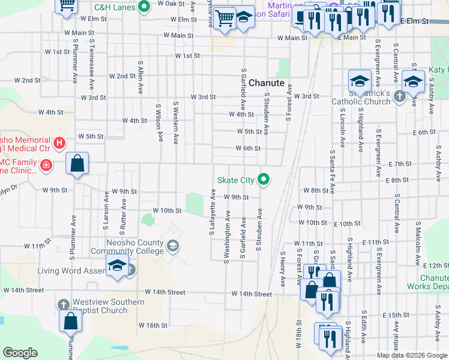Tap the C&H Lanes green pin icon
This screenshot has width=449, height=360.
143,8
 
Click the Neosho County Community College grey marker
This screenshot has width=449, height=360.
173,245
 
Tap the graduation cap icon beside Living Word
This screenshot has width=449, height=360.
117,266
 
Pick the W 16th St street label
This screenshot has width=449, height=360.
152,325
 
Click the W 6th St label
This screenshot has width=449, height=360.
248,148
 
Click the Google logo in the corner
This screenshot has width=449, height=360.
20,353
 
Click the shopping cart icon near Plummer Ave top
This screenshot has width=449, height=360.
67,6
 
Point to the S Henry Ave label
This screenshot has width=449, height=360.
282,269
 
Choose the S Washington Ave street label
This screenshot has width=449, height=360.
228,236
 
